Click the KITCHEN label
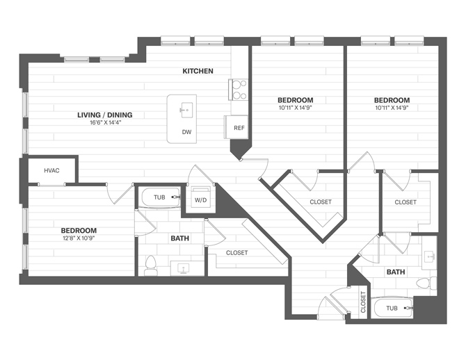(x=198, y=71)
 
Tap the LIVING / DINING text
(x=104, y=115)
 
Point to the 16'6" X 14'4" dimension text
(x=104, y=123)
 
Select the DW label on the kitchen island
(x=186, y=132)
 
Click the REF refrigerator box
(x=239, y=128)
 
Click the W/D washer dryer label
(x=200, y=200)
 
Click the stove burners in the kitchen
(x=239, y=90)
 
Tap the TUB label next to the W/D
(x=159, y=197)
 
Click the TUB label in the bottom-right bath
(x=392, y=307)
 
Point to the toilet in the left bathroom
(x=150, y=264)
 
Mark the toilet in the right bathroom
(x=424, y=284)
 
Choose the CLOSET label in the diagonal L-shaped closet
(x=320, y=202)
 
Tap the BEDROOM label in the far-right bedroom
(x=392, y=99)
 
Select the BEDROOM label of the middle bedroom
(x=295, y=99)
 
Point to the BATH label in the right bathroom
(x=396, y=272)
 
